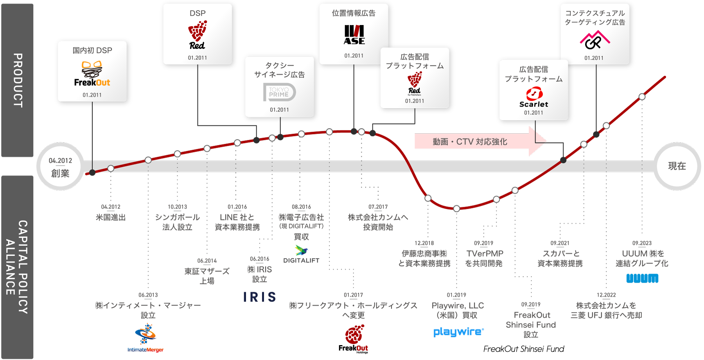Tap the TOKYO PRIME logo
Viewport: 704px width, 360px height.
[x=279, y=92]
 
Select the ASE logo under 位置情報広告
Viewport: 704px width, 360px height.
[x=354, y=35]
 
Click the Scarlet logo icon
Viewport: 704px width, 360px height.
[x=534, y=94]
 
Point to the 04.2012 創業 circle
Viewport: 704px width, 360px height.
[x=60, y=167]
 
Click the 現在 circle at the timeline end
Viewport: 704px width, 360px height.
[x=677, y=166]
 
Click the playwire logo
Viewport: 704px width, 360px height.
[x=458, y=332]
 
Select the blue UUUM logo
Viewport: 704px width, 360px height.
[x=642, y=278]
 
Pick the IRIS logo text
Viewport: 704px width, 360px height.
[x=260, y=297]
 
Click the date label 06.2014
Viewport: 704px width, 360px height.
[x=207, y=261]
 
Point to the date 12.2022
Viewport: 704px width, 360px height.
[x=606, y=295]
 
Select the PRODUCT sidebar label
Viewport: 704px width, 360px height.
[x=18, y=81]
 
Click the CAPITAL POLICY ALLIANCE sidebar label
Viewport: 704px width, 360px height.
[x=18, y=267]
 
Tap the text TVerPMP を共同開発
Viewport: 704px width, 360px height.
[x=485, y=258]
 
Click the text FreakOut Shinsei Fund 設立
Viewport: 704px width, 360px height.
[x=531, y=325]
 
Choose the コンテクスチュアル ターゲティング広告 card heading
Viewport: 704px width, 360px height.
[x=595, y=18]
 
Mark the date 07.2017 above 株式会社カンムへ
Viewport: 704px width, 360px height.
[x=378, y=207]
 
